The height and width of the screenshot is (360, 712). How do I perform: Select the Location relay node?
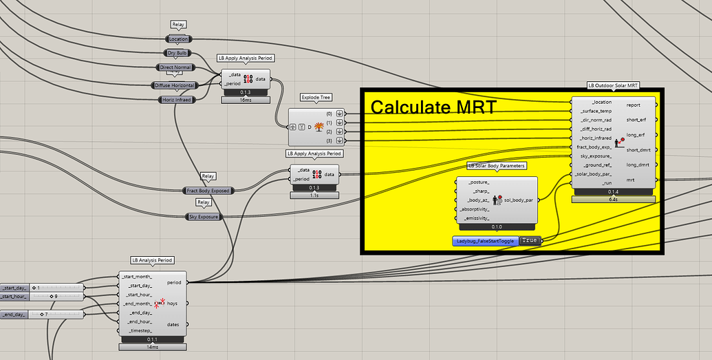(178, 39)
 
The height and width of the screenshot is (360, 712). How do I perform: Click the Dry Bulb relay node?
(178, 53)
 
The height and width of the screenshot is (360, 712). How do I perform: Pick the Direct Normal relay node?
(175, 67)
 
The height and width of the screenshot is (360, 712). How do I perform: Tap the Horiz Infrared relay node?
(175, 99)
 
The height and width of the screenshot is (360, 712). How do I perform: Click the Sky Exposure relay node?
(203, 217)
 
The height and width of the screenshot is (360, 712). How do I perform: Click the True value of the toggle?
(528, 240)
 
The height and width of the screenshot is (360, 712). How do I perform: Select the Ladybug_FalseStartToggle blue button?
(485, 241)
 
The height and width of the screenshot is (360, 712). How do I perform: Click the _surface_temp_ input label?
(595, 111)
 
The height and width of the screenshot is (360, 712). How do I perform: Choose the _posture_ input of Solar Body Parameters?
(479, 182)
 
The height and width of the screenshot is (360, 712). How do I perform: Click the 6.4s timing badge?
(613, 199)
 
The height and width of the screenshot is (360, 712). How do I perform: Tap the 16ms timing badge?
(246, 100)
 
